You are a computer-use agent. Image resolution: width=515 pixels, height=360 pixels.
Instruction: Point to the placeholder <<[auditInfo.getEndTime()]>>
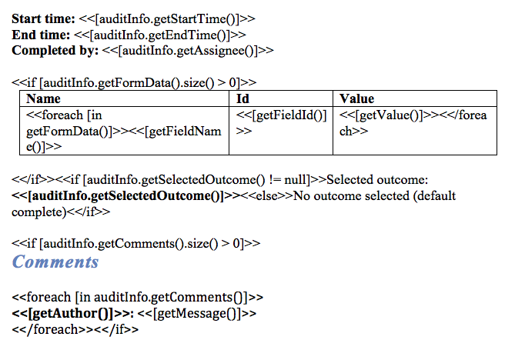tap(159, 34)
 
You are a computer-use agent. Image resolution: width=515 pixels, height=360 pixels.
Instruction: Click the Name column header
tap(44, 99)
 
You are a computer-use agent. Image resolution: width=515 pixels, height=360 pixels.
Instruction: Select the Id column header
tap(243, 99)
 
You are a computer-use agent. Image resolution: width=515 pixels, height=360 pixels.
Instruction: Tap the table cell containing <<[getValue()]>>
tap(413, 123)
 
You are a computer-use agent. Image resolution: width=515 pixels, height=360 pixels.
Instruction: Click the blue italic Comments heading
tap(55, 262)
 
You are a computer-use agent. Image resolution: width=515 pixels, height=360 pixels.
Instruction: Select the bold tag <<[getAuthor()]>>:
tap(73, 313)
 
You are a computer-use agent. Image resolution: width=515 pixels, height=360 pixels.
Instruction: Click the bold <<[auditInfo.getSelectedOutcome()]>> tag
tap(127, 195)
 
